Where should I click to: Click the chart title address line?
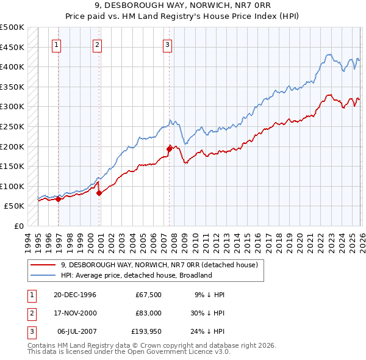(x=183, y=5)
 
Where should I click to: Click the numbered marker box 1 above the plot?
(x=56, y=44)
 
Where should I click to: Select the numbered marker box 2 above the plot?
(x=97, y=44)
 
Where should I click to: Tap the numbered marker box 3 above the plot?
(x=167, y=44)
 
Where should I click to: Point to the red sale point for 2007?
(x=169, y=148)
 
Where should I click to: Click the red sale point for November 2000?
(x=99, y=193)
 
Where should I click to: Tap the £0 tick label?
(x=18, y=226)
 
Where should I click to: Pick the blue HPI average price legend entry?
(x=136, y=275)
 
